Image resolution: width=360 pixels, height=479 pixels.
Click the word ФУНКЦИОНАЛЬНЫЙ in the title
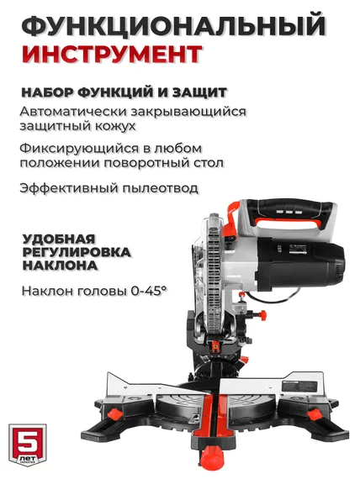pyautogui.click(x=173, y=26)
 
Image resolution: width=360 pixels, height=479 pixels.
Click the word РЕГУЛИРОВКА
pyautogui.click(x=75, y=252)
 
